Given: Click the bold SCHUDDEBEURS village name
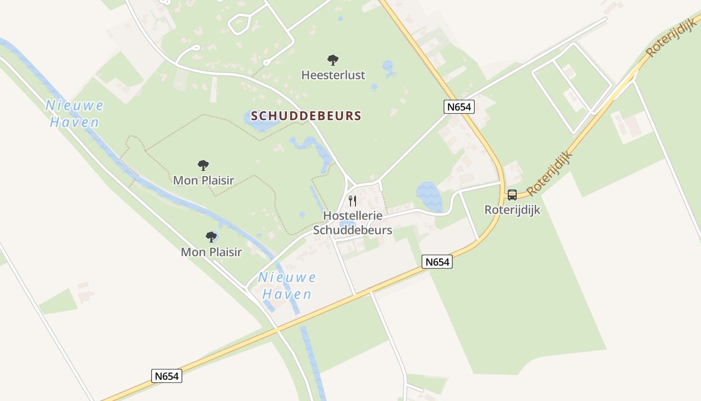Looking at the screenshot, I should point(306,116).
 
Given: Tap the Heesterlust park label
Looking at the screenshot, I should point(333,75).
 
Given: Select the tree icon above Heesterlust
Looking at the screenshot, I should point(333,61).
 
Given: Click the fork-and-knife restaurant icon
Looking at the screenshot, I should point(353,201).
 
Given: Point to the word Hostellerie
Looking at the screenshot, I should point(353,216).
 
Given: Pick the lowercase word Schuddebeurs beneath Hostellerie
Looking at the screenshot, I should point(353,231).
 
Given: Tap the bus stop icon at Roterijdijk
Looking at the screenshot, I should point(512,195).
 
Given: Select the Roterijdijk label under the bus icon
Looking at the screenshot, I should point(512,210).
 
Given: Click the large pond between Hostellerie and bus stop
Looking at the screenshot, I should point(429,196).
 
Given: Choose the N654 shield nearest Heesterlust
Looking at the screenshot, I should point(459,106).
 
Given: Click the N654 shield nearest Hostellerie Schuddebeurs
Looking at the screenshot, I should point(437,262).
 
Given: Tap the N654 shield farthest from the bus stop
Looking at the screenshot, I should point(166,376).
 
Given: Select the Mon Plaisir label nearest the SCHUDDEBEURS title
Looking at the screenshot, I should point(203,180).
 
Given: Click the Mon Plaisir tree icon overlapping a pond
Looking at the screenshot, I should point(211,237).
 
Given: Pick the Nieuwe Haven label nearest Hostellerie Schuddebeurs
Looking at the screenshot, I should point(287,286).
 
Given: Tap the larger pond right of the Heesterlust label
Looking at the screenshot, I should point(388,67).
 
